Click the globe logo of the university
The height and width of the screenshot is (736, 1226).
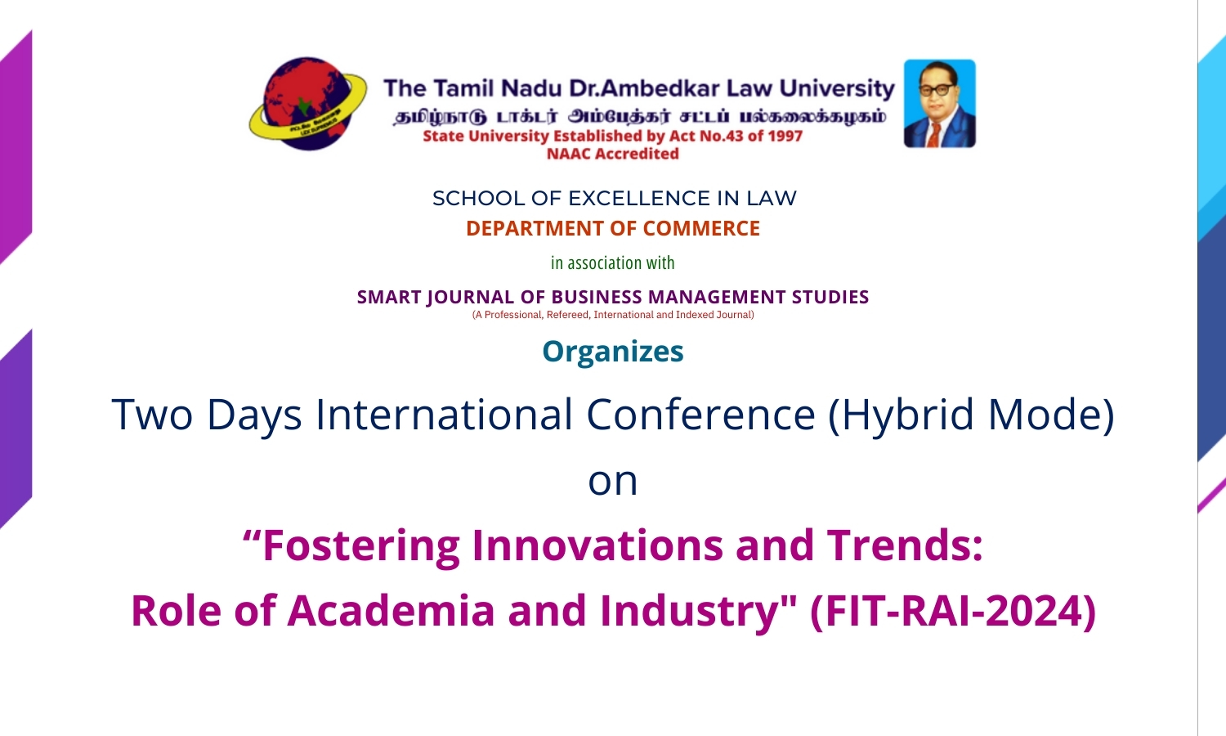(x=307, y=104)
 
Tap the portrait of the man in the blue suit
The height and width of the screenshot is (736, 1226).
(x=939, y=104)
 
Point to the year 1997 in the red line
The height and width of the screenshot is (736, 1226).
(x=785, y=136)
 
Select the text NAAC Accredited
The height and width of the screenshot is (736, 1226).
(x=613, y=154)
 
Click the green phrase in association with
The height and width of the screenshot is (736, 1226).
(x=613, y=263)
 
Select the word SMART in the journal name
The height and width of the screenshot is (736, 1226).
(x=389, y=298)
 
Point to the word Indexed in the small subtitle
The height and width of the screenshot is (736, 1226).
(x=694, y=315)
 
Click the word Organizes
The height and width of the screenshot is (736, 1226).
(x=613, y=352)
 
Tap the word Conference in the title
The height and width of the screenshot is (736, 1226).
(x=700, y=415)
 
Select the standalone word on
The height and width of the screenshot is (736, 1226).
(x=613, y=481)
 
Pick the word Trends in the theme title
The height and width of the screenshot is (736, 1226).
(x=904, y=545)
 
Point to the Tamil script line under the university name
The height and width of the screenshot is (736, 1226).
(x=639, y=116)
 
